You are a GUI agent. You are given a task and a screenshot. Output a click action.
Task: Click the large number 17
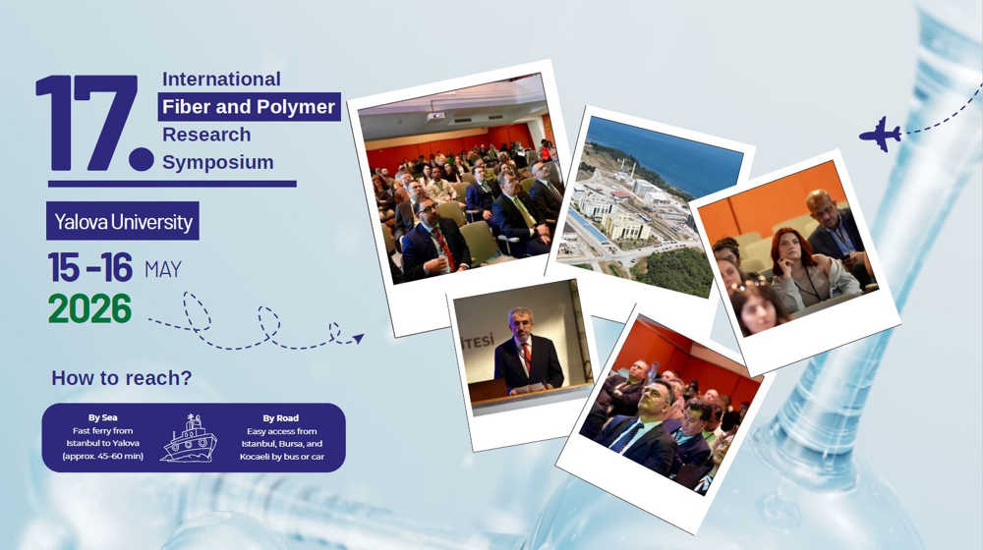94,124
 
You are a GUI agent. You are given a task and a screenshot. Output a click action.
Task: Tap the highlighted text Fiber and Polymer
249,106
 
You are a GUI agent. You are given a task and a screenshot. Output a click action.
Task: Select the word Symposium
218,162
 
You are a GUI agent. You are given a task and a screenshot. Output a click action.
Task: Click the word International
221,79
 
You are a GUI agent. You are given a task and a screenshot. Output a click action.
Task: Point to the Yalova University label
123,221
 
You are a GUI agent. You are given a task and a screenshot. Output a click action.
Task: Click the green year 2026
90,308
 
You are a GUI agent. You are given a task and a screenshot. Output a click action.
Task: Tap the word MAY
163,269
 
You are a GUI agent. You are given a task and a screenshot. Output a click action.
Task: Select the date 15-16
90,268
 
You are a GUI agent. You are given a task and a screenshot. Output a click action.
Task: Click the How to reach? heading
122,378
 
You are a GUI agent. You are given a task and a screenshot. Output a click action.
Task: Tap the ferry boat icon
190,438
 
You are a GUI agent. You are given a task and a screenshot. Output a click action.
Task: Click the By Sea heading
103,417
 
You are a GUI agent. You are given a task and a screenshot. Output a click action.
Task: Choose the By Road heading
281,417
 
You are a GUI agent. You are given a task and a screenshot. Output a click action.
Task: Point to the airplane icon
880,134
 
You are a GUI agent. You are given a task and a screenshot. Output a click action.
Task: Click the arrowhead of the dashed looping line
358,339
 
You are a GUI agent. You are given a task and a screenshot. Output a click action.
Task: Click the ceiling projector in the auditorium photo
436,117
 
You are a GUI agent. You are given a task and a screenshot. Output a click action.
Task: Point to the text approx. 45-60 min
103,456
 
